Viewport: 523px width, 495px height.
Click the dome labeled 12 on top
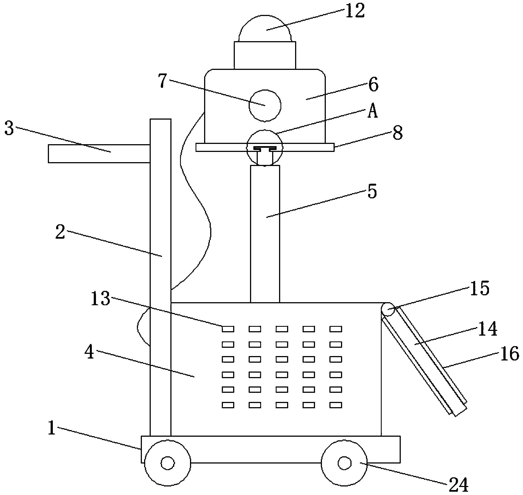click(265, 28)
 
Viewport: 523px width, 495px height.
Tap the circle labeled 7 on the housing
click(265, 106)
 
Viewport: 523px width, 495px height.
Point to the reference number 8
click(397, 133)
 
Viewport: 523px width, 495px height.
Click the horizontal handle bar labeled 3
click(99, 154)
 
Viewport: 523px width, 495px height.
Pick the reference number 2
click(60, 231)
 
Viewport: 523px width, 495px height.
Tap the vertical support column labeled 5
click(265, 234)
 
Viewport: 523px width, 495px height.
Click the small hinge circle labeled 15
click(388, 310)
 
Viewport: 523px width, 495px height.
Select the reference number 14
click(488, 329)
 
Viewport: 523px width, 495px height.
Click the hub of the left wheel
click(167, 463)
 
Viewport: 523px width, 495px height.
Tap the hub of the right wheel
click(344, 463)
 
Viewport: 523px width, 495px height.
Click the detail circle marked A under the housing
click(265, 148)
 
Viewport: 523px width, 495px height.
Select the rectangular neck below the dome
click(265, 55)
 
